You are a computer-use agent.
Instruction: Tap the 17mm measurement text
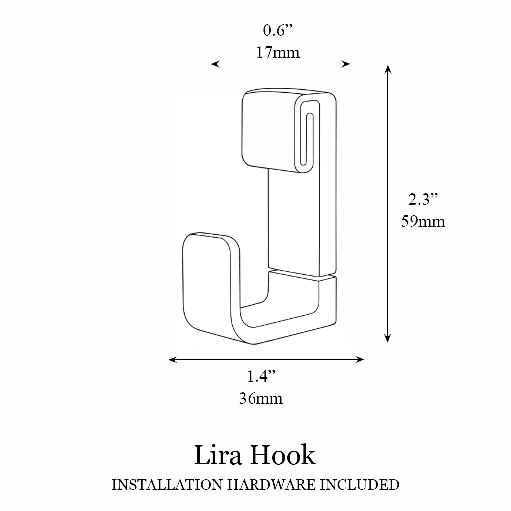(278, 52)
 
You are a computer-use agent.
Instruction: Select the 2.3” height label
(423, 199)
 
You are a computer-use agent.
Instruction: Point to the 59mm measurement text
(423, 221)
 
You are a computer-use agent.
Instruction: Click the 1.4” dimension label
(261, 376)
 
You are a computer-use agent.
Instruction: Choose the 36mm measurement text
(260, 398)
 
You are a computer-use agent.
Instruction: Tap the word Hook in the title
(283, 455)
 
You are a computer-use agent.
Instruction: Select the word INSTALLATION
(167, 485)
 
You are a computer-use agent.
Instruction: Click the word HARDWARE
(271, 485)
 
